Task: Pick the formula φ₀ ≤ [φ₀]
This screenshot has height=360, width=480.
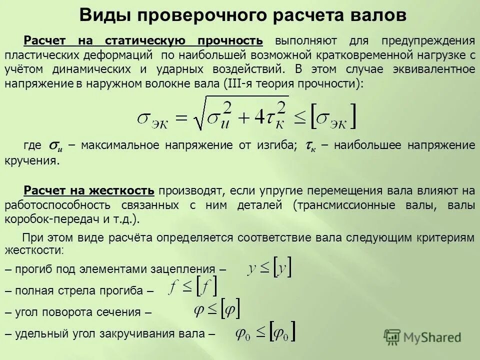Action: [266, 332]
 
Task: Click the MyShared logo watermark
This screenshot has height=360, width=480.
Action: [423, 337]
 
